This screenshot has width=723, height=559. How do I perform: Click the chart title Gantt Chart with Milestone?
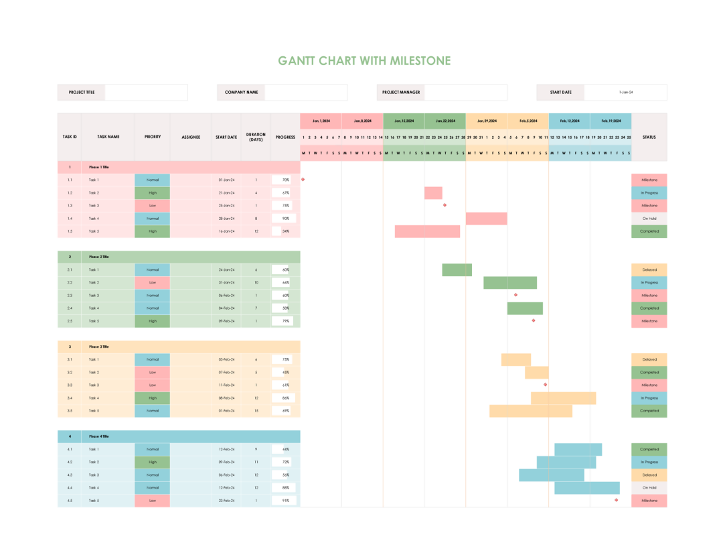click(364, 61)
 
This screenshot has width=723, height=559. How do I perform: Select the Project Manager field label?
click(401, 92)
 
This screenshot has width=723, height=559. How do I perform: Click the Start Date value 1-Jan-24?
click(625, 92)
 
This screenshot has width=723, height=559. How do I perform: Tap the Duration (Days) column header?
click(256, 137)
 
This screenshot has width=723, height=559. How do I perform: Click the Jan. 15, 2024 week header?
click(404, 121)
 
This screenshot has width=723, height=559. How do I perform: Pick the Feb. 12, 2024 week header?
click(569, 121)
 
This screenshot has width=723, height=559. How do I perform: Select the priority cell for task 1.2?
click(153, 193)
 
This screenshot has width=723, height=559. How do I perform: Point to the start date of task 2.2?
click(227, 283)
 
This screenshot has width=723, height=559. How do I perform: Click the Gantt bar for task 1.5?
click(427, 231)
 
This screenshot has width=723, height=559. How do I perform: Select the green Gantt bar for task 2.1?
click(457, 270)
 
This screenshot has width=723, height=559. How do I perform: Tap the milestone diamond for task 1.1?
click(303, 180)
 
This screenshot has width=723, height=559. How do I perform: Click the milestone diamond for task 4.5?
click(617, 500)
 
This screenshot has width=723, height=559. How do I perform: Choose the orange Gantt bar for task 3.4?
click(564, 398)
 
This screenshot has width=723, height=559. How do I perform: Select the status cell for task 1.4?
click(649, 219)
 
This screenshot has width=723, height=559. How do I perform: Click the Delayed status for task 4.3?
click(649, 475)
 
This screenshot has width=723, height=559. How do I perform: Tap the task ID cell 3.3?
click(70, 385)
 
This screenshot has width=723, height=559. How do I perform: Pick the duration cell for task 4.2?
click(256, 462)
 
